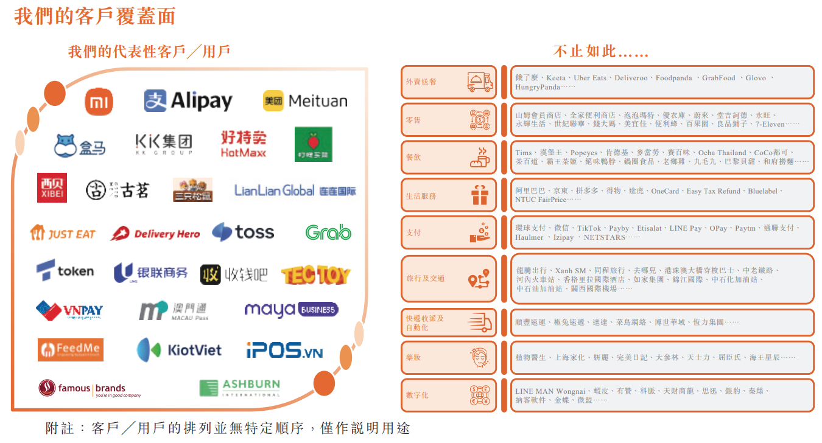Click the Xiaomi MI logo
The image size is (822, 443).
99,101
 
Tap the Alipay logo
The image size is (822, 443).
188,100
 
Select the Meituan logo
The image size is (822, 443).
305,101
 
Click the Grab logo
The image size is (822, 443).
328,232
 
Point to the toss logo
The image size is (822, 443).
243,232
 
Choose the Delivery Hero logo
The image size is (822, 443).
155,234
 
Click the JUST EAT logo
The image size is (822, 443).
63,233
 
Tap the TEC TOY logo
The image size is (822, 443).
315,275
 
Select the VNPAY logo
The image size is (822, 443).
69,310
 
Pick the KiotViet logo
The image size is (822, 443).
179,350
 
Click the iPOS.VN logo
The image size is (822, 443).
284,351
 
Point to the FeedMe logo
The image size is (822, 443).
71,349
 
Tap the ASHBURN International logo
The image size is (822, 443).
240,388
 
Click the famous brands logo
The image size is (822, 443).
90,389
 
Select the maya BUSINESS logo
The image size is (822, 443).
291,310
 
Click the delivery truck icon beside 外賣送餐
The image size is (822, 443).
479,82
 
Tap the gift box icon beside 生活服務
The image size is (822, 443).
479,195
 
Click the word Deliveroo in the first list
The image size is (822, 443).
631,78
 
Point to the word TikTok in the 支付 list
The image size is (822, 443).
589,228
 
